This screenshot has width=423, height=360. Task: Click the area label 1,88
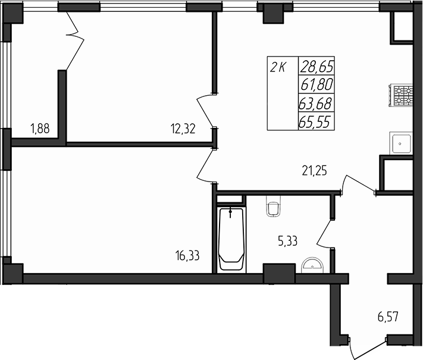(40, 128)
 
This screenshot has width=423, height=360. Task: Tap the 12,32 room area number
(183, 128)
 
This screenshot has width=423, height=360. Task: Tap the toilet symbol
(273, 206)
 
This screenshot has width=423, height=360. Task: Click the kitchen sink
(402, 143)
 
